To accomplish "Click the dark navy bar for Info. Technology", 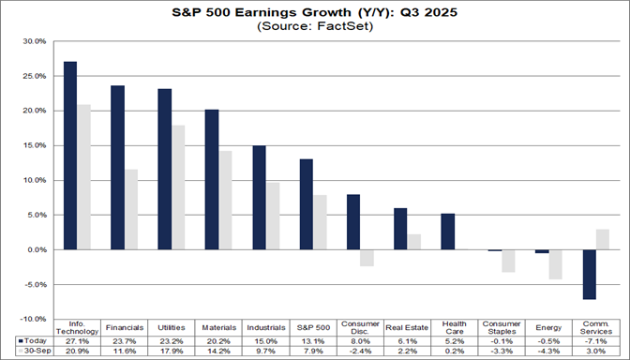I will (70, 156).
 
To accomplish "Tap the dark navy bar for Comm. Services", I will (589, 275).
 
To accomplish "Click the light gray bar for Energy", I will (556, 264).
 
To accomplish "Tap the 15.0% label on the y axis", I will (34, 145).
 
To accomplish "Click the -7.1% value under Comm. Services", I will (595, 342).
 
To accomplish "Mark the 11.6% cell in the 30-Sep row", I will (125, 352).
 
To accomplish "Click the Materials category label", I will (218, 328).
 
